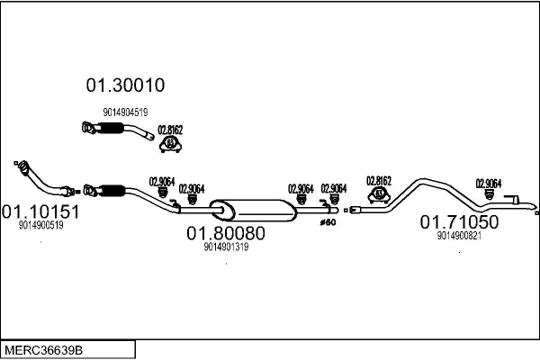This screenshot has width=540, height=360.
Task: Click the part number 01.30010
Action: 125,86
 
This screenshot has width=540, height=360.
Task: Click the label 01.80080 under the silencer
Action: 226,234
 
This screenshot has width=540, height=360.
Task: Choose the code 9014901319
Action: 226,247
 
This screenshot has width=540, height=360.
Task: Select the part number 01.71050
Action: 459,222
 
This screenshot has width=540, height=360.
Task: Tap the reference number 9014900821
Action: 459,236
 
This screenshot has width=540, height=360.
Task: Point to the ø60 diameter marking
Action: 328,221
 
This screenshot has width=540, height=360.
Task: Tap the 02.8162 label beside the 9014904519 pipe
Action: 170,130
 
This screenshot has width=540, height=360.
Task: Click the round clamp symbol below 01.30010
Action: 170,144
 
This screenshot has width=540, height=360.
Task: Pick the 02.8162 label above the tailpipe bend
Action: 379,180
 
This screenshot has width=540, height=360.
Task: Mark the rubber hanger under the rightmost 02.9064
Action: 489,193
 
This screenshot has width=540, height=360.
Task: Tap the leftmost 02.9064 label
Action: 161,181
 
